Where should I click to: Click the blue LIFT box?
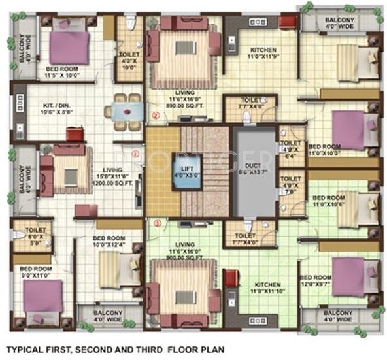187,171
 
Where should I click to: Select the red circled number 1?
135,155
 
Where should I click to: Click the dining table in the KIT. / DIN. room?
126,111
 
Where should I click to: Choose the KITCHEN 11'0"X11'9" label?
263,54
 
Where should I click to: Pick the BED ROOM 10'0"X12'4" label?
110,242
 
